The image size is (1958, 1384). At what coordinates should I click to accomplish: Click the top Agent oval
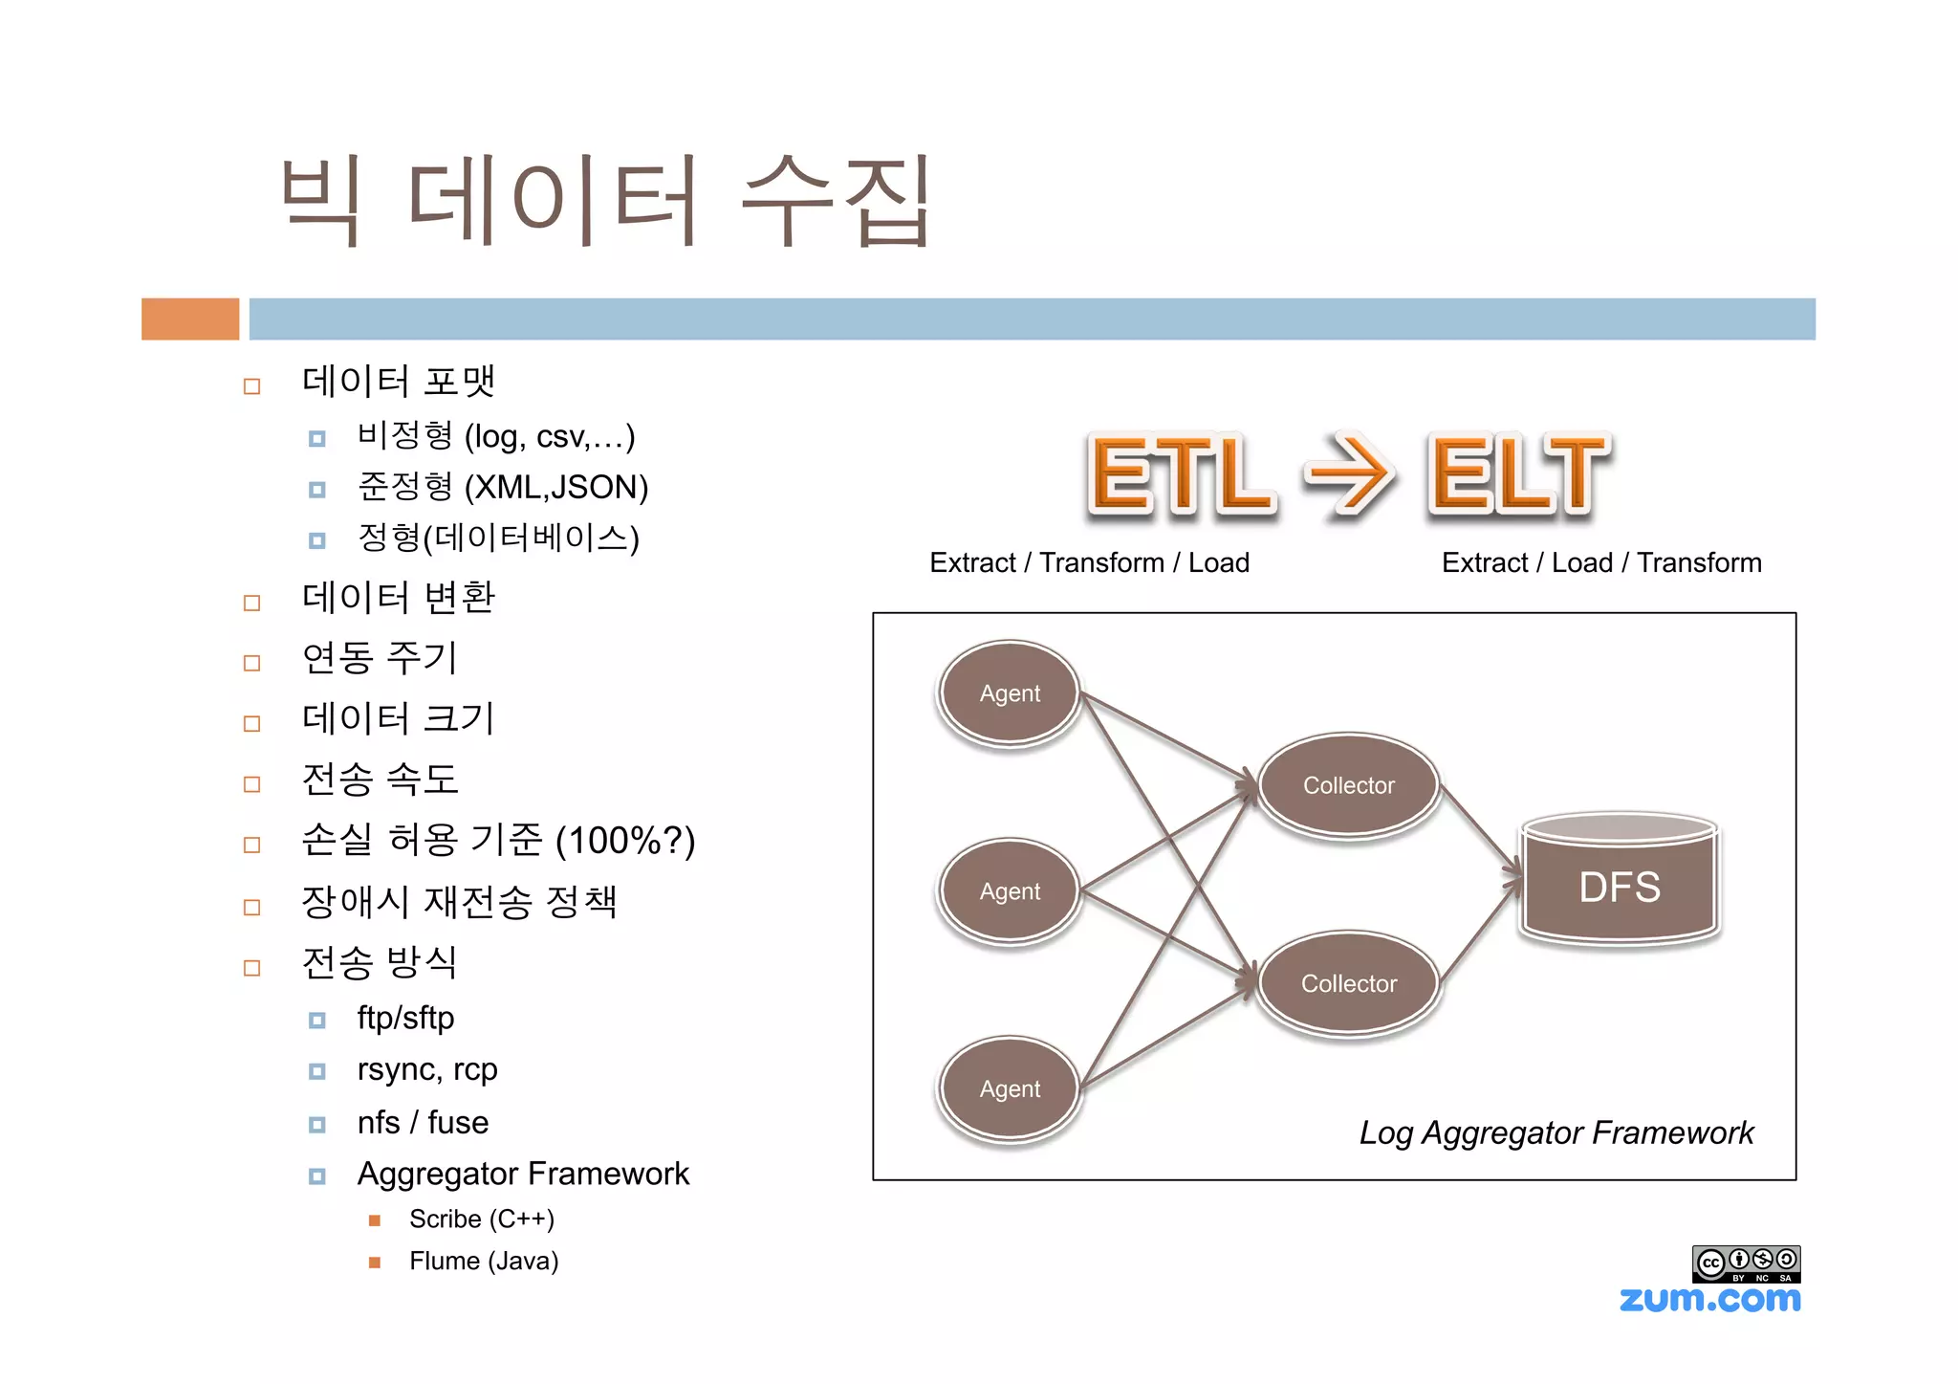pyautogui.click(x=1010, y=692)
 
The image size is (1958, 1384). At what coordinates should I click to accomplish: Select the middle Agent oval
pyautogui.click(x=1010, y=890)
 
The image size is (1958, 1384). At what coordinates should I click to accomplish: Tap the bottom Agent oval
pyautogui.click(x=1010, y=1088)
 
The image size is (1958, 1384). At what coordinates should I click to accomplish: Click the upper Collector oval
pyautogui.click(x=1348, y=785)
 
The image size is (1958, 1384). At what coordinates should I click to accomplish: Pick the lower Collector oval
pyautogui.click(x=1348, y=983)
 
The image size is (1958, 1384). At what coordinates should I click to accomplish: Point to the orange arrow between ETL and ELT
pyautogui.click(x=1349, y=474)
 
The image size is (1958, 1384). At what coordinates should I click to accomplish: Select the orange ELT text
pyautogui.click(x=1518, y=474)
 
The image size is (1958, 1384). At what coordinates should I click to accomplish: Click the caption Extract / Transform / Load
pyautogui.click(x=1089, y=562)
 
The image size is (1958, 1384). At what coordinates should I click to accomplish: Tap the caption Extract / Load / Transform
pyautogui.click(x=1601, y=562)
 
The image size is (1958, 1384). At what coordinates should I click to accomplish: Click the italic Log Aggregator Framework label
pyautogui.click(x=1556, y=1132)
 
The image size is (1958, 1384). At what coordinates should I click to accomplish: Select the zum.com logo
pyautogui.click(x=1709, y=1299)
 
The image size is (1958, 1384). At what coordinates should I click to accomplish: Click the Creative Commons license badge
pyautogui.click(x=1746, y=1263)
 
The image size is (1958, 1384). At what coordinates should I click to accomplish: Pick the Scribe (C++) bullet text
pyautogui.click(x=482, y=1219)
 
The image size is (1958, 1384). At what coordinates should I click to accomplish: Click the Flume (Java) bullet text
pyautogui.click(x=484, y=1262)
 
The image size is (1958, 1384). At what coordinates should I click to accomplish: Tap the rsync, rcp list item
pyautogui.click(x=427, y=1069)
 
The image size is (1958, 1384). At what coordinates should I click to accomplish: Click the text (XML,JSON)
pyautogui.click(x=556, y=488)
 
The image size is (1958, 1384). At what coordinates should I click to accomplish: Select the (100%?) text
pyautogui.click(x=625, y=841)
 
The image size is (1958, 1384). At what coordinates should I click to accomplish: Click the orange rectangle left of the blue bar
pyautogui.click(x=190, y=319)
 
